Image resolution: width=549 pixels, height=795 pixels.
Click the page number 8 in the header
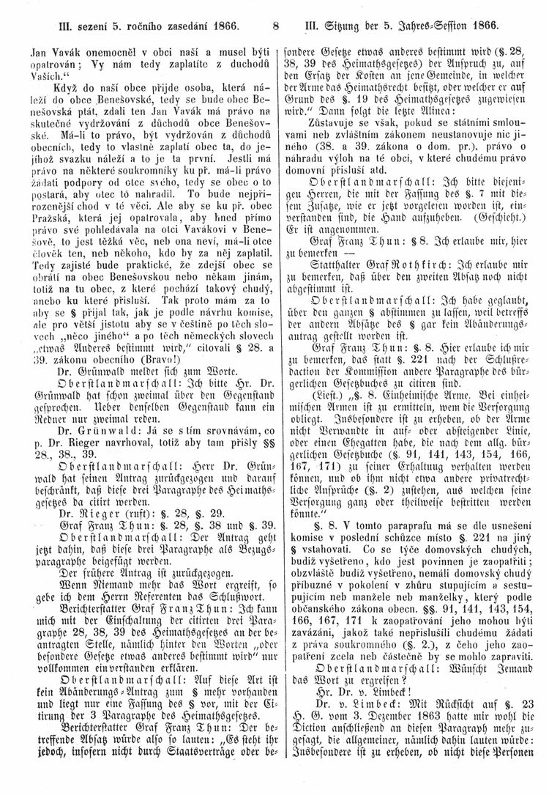[274, 28]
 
